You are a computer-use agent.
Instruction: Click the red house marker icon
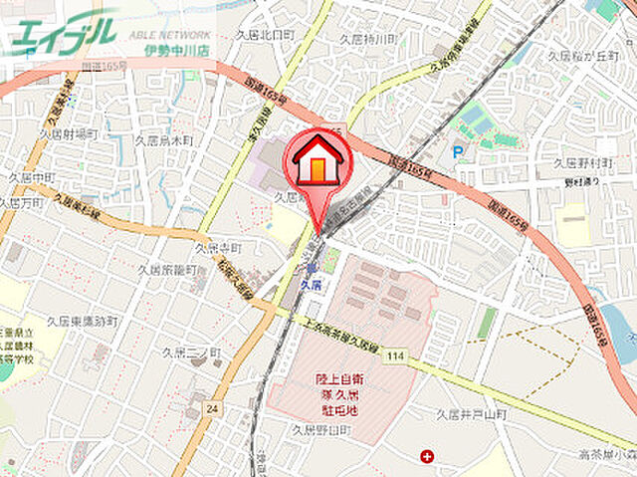click(x=318, y=161)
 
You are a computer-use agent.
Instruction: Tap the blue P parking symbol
click(x=457, y=151)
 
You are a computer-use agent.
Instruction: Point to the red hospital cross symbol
click(x=427, y=456)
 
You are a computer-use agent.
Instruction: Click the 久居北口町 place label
click(x=265, y=34)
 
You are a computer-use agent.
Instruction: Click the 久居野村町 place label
click(x=582, y=162)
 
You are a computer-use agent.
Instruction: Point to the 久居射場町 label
click(x=68, y=132)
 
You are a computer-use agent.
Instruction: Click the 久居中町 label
click(x=32, y=176)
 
